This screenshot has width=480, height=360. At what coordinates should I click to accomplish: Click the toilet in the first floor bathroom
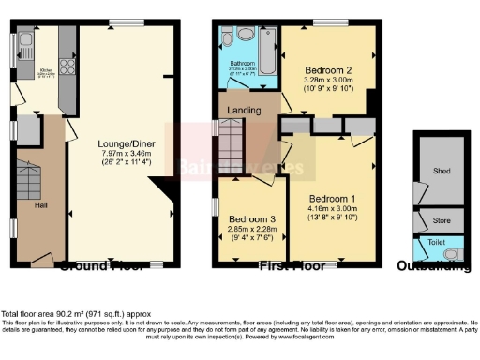tap(245, 36)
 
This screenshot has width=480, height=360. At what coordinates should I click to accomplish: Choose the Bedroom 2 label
tap(327, 70)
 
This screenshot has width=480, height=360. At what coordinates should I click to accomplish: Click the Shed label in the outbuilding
tap(442, 172)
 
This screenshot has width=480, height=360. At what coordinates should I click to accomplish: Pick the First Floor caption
tap(297, 266)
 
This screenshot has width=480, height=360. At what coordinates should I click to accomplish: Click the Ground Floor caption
tap(102, 266)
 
